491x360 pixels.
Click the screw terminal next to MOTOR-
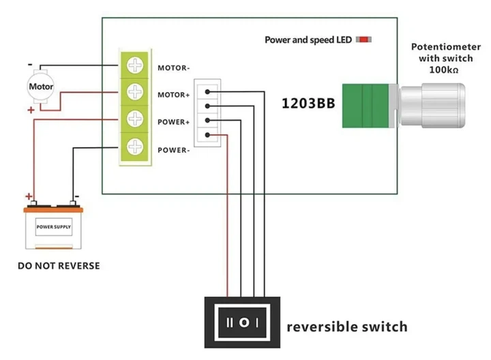point(135,65)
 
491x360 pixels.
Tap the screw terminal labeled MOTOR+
point(135,92)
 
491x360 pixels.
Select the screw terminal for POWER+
point(135,119)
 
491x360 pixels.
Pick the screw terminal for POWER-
point(135,147)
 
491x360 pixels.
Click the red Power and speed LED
point(363,40)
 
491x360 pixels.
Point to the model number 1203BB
point(308,104)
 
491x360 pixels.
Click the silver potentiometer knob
point(432,106)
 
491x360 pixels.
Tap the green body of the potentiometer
point(366,106)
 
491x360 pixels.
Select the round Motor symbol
point(41,87)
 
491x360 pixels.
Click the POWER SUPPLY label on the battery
point(54,226)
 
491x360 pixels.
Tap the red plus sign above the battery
point(29,196)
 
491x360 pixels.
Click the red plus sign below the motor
point(31,110)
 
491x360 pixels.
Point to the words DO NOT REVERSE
point(59,266)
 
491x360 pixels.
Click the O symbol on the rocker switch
point(244,322)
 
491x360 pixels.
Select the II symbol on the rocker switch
point(230,322)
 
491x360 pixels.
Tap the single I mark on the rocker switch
point(257,322)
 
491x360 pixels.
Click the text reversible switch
point(347,327)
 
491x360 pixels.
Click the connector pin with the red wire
point(207,135)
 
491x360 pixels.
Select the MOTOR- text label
point(174,68)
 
